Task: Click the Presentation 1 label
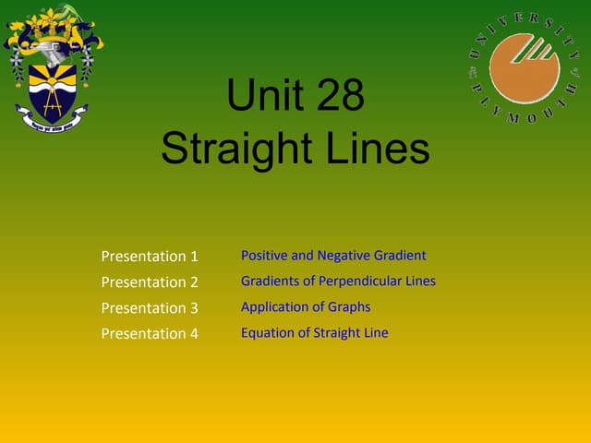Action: (150, 256)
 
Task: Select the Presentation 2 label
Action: (150, 281)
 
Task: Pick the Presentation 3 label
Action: (150, 307)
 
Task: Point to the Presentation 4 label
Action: (150, 333)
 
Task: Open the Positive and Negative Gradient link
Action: (333, 256)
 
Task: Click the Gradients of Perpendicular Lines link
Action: (338, 281)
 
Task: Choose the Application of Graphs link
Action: (306, 306)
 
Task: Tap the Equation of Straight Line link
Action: (314, 332)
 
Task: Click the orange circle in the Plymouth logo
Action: (525, 66)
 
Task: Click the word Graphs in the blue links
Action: (351, 306)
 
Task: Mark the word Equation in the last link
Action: (266, 332)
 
